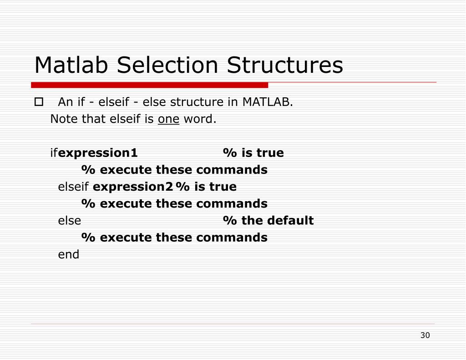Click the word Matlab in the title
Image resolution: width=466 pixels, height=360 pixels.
[x=71, y=65]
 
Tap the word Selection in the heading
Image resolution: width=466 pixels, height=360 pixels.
[x=167, y=65]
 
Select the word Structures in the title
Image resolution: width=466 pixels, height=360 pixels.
[x=285, y=65]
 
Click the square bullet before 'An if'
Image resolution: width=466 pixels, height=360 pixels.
[x=39, y=102]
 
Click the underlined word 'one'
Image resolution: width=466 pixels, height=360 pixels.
[x=168, y=119]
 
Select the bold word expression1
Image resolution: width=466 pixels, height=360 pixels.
[x=98, y=153]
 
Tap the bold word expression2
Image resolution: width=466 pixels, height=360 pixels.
[x=132, y=187]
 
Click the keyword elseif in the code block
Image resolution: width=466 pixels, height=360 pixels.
[x=73, y=187]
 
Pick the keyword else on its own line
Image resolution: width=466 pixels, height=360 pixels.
[x=70, y=221]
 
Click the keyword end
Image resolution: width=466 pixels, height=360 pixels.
[x=69, y=254]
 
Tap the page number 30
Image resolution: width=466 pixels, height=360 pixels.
[x=425, y=335]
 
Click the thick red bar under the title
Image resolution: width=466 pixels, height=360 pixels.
[x=149, y=85]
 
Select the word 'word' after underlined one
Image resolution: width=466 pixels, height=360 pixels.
[x=198, y=119]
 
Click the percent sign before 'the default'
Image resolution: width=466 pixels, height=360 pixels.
[x=230, y=221]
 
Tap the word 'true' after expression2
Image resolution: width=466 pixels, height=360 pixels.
[x=223, y=187]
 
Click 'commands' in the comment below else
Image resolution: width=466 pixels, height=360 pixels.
[x=232, y=238]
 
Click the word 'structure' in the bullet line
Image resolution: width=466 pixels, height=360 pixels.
[x=197, y=102]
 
